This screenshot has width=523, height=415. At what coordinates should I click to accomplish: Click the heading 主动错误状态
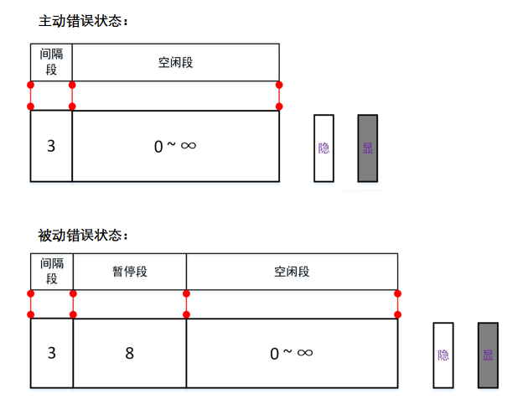click(82, 20)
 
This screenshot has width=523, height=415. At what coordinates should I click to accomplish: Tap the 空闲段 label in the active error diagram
click(175, 63)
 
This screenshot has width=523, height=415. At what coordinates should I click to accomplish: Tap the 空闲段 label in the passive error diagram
click(292, 272)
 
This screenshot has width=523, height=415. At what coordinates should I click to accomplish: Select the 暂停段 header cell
click(130, 272)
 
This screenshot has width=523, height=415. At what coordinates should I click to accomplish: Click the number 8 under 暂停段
click(130, 353)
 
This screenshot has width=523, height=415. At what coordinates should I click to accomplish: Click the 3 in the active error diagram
click(51, 146)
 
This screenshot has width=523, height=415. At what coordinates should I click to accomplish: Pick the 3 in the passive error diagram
click(52, 353)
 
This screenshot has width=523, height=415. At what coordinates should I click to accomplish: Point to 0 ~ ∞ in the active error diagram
click(175, 146)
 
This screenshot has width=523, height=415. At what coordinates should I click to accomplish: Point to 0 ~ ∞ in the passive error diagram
click(292, 353)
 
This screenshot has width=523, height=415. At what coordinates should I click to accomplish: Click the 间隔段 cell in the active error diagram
click(51, 63)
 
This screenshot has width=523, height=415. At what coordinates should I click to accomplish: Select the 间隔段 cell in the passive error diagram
click(52, 272)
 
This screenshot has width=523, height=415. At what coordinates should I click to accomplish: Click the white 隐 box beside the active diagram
click(324, 148)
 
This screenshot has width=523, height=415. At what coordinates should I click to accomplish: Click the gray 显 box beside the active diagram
click(367, 148)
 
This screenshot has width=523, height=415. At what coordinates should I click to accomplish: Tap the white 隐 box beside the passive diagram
click(443, 355)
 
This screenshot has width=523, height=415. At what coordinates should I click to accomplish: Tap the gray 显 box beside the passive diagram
click(488, 355)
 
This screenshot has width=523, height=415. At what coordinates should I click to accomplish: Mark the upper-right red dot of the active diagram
click(279, 85)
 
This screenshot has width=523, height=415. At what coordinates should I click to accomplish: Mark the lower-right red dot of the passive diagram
click(398, 314)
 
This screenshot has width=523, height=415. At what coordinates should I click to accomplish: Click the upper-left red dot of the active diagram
click(31, 85)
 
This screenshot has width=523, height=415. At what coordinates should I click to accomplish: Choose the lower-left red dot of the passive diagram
click(31, 314)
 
